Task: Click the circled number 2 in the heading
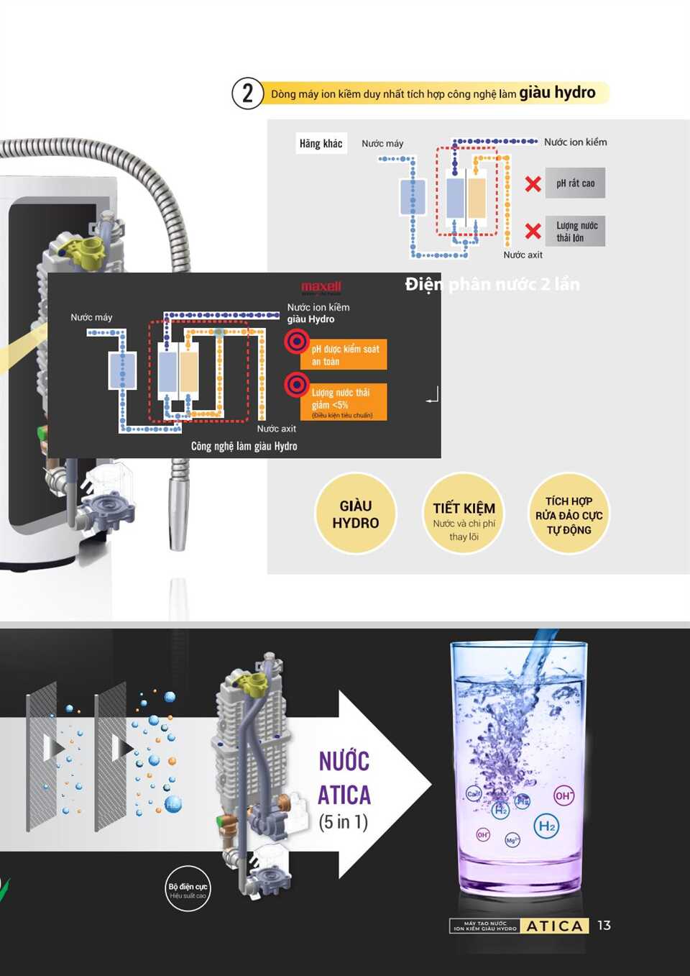pyautogui.click(x=247, y=94)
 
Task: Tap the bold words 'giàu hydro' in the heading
pyautogui.click(x=557, y=93)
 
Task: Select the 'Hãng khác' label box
pyautogui.click(x=321, y=143)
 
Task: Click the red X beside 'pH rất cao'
pyautogui.click(x=533, y=184)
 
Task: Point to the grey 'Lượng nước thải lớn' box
pyautogui.click(x=575, y=232)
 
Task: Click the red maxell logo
pyautogui.click(x=321, y=287)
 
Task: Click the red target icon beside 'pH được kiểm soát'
pyautogui.click(x=296, y=341)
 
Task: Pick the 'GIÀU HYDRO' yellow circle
pyautogui.click(x=355, y=514)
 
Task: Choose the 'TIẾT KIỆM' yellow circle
pyautogui.click(x=464, y=514)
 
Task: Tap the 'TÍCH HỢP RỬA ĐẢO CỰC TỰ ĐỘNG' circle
pyautogui.click(x=569, y=514)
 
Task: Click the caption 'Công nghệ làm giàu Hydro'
pyautogui.click(x=244, y=447)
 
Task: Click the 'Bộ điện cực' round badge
pyautogui.click(x=188, y=889)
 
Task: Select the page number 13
pyautogui.click(x=604, y=926)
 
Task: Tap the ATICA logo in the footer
pyautogui.click(x=554, y=926)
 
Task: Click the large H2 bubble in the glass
pyautogui.click(x=547, y=826)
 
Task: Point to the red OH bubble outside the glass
pyautogui.click(x=563, y=795)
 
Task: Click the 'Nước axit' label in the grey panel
pyautogui.click(x=523, y=255)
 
